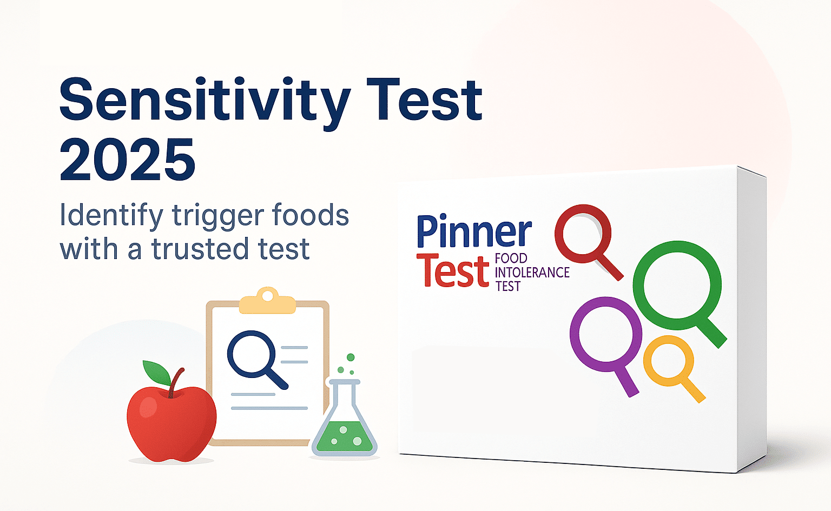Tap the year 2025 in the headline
(128, 161)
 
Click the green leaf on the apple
(156, 372)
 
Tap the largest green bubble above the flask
(351, 357)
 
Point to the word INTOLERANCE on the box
(532, 273)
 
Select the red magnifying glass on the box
(583, 233)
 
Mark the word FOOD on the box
(511, 258)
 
